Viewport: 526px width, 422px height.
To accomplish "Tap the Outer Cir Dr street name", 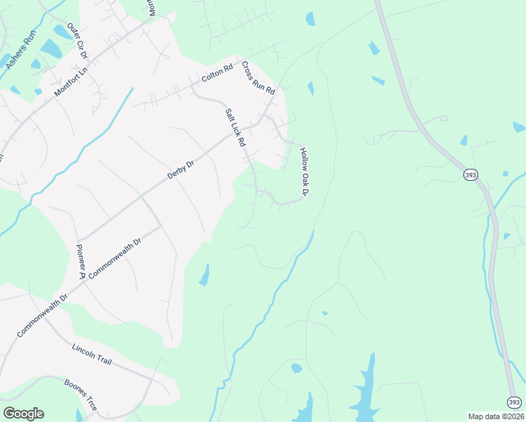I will pos(76,40).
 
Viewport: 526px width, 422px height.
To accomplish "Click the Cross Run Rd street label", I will pos(257,78).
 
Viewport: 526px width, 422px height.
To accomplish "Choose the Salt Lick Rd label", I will pos(235,127).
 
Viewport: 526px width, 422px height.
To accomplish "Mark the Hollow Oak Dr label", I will pos(304,172).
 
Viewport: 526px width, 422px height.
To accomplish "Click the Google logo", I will pos(23,414).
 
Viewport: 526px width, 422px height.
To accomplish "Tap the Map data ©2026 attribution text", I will pos(496,416).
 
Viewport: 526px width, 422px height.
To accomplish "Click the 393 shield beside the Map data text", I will pos(514,400).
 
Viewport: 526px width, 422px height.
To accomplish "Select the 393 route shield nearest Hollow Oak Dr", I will pos(469,174).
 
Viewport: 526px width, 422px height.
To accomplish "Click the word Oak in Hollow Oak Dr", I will pos(304,172).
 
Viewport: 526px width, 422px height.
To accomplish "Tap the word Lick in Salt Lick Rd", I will pos(235,127).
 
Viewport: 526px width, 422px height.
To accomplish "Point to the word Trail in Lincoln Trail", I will pos(102,359).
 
